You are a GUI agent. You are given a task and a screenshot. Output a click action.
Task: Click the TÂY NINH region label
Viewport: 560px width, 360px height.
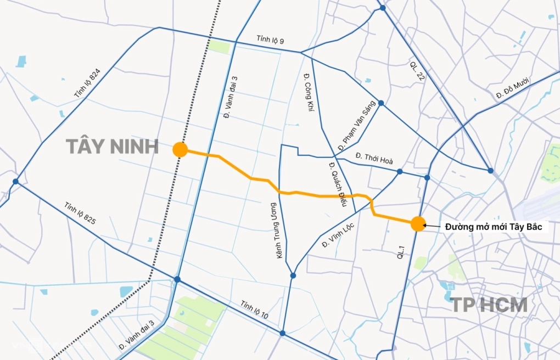point(112,147)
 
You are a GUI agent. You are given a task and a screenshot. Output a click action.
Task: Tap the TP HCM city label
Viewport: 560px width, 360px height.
point(489,305)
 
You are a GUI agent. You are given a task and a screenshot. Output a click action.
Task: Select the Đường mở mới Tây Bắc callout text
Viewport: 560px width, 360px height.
point(494,226)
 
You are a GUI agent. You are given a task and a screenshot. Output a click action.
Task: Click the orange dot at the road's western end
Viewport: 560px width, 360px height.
point(180,149)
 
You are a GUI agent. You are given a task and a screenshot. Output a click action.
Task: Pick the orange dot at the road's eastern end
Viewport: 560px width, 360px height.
point(417,223)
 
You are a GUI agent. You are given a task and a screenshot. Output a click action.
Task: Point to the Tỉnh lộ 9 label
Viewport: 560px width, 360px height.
point(270,41)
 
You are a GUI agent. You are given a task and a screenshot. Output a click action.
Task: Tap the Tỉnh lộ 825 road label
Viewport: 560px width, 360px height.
point(80,213)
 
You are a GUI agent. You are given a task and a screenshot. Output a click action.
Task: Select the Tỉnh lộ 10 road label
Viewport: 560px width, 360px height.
point(254,311)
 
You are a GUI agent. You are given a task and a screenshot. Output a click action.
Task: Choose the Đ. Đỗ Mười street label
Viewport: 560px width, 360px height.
point(512,88)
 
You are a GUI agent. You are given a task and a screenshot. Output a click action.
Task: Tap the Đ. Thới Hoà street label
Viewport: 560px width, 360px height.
point(374,157)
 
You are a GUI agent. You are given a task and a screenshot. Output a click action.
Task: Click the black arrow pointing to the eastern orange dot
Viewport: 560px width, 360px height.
point(433,226)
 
